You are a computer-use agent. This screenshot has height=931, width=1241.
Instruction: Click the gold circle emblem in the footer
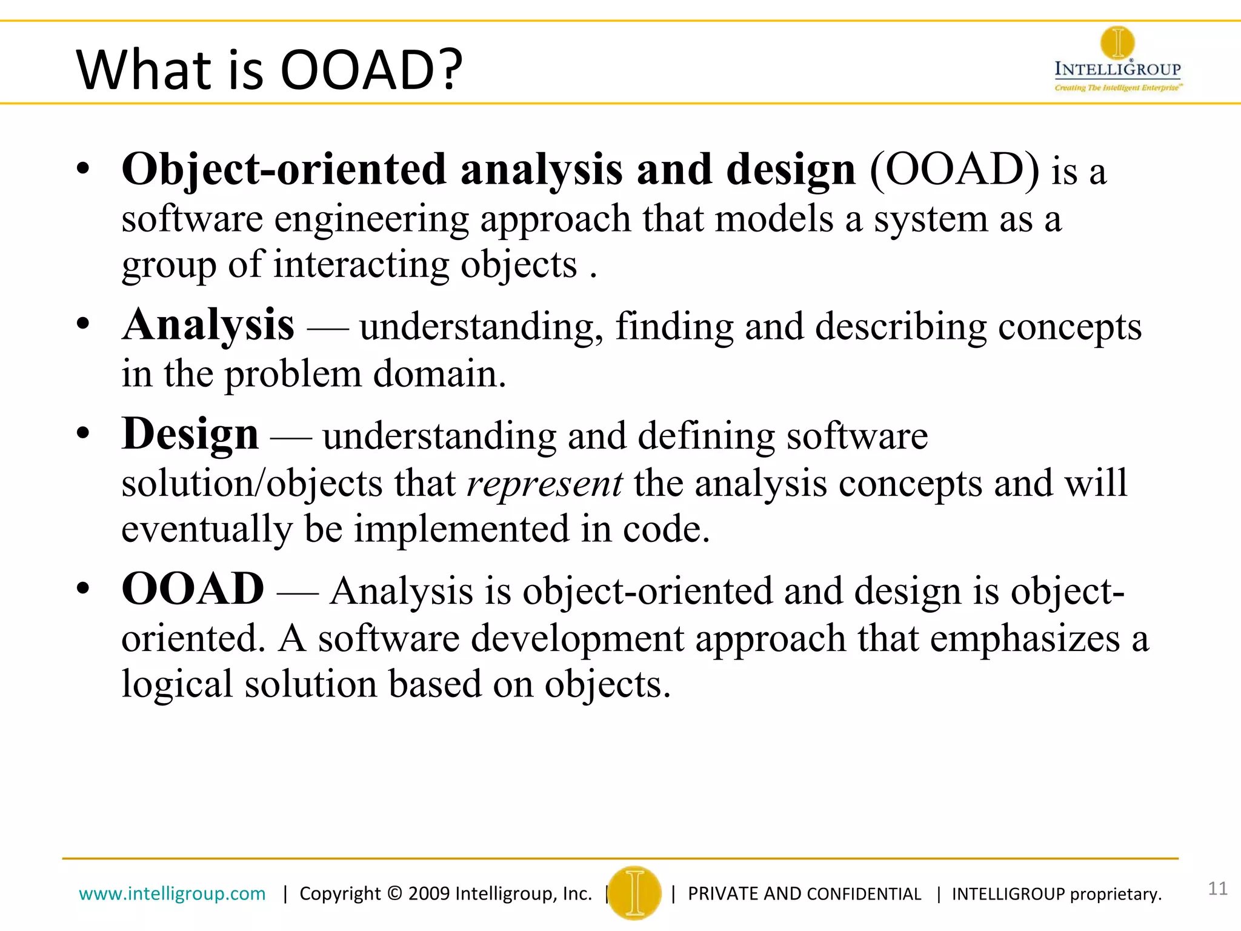634,893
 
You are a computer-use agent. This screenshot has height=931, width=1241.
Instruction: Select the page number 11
1217,889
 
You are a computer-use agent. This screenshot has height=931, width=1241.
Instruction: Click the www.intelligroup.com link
172,893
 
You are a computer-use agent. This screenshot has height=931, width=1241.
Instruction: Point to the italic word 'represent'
544,483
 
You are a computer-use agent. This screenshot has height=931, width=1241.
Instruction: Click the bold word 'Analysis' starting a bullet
208,325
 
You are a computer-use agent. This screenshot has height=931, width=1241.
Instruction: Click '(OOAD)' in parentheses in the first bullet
954,170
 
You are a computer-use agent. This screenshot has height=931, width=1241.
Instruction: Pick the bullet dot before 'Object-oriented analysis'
83,169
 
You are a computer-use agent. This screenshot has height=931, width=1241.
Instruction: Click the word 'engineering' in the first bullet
371,219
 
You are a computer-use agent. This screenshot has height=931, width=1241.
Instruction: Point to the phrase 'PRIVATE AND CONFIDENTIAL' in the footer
804,894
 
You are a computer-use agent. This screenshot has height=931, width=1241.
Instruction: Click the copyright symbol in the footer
394,893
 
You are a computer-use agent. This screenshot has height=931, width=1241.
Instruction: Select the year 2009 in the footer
428,893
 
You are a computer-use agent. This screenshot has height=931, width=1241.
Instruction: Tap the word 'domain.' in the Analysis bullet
439,374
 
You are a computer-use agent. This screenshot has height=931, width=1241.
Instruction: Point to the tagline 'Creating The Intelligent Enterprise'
1117,88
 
